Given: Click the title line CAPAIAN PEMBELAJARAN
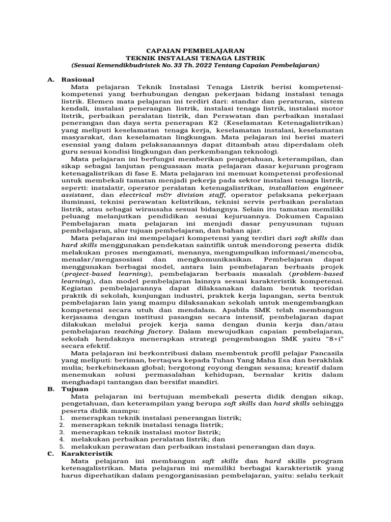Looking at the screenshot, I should [195, 50].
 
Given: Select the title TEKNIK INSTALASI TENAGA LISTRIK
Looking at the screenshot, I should [195, 58].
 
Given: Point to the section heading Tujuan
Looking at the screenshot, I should [75, 389].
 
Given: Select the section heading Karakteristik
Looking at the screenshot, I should [88, 453].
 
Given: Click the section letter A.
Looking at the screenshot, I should [49, 80].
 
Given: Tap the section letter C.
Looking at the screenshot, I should [49, 453].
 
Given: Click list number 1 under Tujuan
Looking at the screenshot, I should [61, 417].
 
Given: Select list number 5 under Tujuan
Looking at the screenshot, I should [61, 447].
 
